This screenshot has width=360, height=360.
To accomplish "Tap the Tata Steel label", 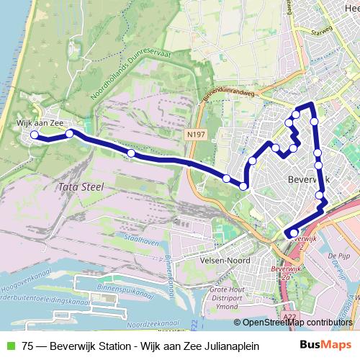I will (x=79, y=186).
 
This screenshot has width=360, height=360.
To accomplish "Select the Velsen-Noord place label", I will (x=226, y=260).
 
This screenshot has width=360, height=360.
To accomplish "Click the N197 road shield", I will (x=193, y=135).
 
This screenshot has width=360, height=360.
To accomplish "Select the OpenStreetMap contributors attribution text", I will (x=297, y=323).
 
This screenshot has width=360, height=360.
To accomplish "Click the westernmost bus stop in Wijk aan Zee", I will (x=34, y=135).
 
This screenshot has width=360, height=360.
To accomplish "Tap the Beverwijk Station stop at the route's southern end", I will (x=293, y=232).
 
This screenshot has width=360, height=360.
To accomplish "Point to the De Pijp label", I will (x=338, y=256).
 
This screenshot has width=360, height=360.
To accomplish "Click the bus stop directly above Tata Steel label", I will (x=130, y=153).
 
